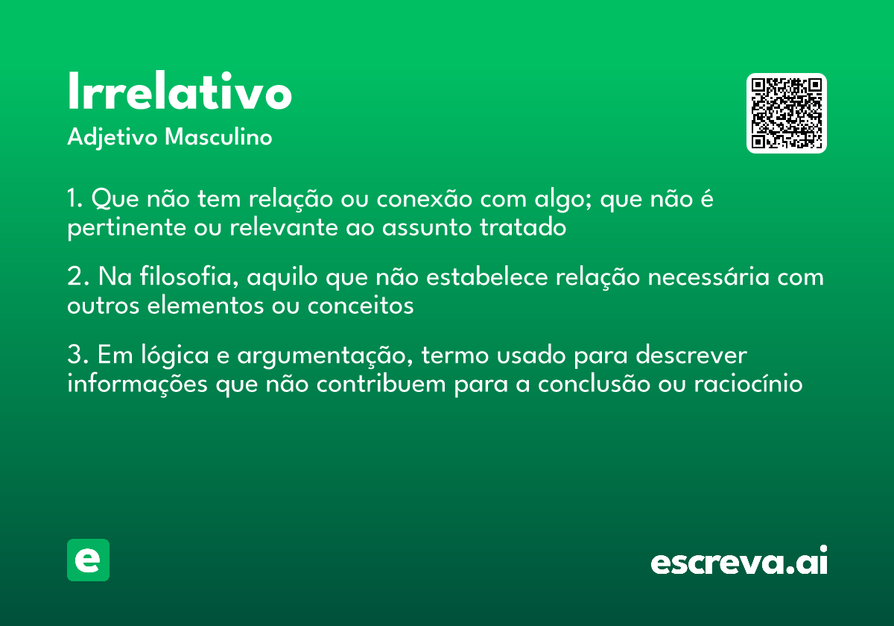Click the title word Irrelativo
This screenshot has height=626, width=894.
(x=179, y=93)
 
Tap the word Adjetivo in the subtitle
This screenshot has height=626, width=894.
(x=112, y=138)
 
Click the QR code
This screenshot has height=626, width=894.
(x=787, y=113)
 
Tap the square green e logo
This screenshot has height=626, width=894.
(x=88, y=560)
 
